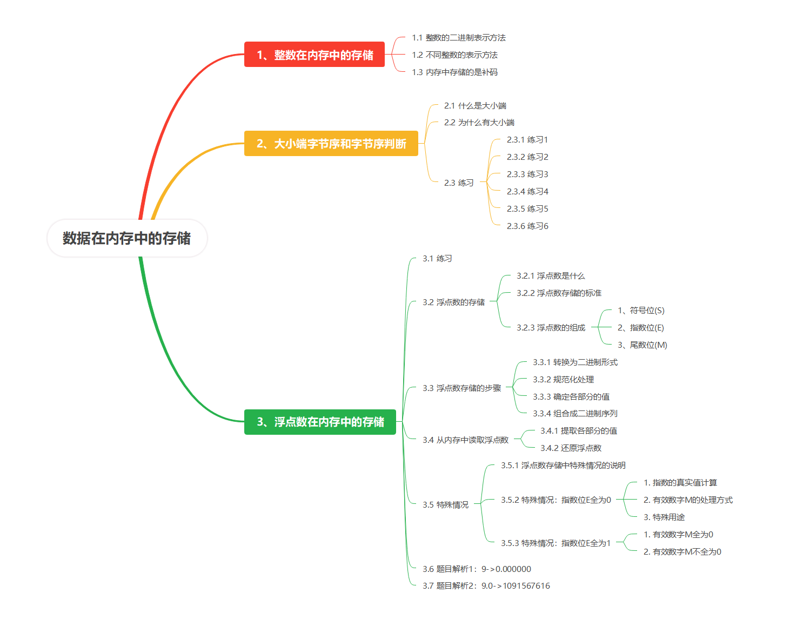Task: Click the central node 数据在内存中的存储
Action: (x=127, y=238)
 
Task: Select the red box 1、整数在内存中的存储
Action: (x=314, y=55)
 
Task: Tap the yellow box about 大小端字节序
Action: (x=331, y=144)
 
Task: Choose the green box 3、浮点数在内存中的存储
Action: (x=320, y=422)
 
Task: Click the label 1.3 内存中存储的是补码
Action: (x=454, y=72)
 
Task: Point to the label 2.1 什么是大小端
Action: (x=475, y=106)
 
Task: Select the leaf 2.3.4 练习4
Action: (x=527, y=192)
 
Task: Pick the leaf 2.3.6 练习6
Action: (x=527, y=226)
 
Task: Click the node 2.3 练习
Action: (x=459, y=183)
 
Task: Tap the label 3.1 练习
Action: (x=437, y=259)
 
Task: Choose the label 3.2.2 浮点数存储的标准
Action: (x=559, y=293)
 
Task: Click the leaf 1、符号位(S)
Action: (x=641, y=311)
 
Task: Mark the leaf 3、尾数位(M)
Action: (x=642, y=345)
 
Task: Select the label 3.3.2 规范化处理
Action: (x=563, y=380)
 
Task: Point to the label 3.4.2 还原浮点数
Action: (x=571, y=448)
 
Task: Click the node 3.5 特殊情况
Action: (x=445, y=505)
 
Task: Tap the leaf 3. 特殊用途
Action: (x=664, y=517)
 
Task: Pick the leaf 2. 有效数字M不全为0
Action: (x=682, y=552)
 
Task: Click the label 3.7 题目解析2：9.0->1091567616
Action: (x=486, y=586)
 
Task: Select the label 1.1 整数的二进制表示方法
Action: (x=458, y=38)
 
